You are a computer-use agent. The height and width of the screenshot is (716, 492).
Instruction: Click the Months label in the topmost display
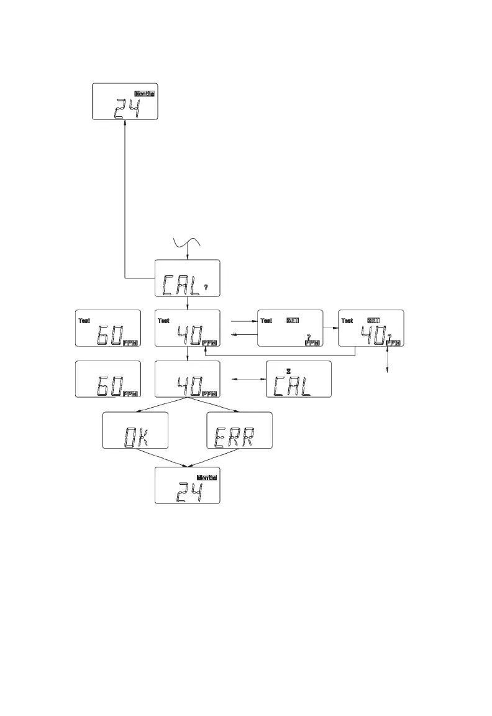point(144,93)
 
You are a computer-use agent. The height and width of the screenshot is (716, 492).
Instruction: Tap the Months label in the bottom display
point(207,477)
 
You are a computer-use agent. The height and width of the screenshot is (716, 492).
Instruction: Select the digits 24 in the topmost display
point(127,109)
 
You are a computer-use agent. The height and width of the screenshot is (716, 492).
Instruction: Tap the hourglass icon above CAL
point(289,371)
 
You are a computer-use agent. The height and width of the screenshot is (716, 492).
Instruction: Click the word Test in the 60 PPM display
point(84,321)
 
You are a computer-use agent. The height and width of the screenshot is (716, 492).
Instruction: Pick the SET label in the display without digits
point(292,321)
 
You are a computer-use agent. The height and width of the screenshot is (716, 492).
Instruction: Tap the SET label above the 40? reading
point(373,321)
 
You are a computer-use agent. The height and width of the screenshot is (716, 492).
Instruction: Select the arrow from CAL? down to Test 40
point(188,303)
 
